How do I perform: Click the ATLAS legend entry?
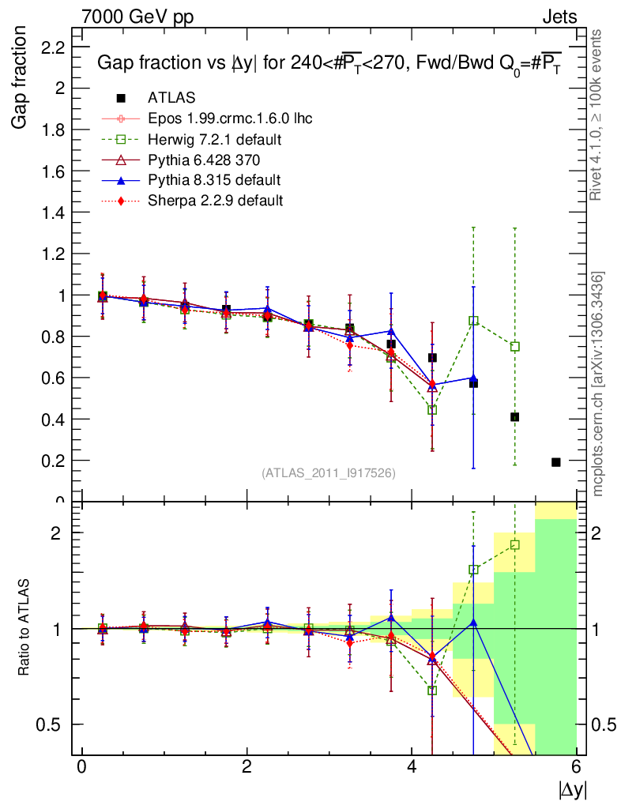point(171,98)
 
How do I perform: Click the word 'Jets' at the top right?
point(559,17)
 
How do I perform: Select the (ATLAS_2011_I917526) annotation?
point(329,472)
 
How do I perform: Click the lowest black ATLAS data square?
point(555,462)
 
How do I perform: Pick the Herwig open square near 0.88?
point(473,321)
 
